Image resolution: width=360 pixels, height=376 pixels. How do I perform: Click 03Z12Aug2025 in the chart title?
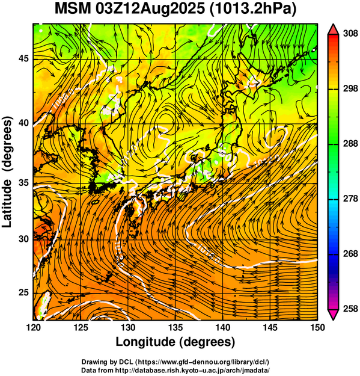tap(150, 9)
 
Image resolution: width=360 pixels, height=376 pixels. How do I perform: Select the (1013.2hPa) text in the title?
tap(253, 10)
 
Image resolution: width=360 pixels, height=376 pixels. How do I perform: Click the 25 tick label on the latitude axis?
tap(23, 293)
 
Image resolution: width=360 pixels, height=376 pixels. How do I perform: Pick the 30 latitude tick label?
tap(23, 239)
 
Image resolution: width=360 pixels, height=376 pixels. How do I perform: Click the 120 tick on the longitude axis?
tap(33, 327)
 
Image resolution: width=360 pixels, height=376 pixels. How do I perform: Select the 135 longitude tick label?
tap(175, 327)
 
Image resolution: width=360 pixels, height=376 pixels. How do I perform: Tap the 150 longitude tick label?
tap(318, 327)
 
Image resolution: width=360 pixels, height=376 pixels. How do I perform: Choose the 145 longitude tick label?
tap(270, 327)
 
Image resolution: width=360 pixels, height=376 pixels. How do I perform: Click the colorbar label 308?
tap(350, 34)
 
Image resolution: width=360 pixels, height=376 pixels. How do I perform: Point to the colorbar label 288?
tap(350, 144)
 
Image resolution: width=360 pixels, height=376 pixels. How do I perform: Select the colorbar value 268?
tap(350, 253)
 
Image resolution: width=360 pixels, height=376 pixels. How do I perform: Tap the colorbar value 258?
tap(350, 309)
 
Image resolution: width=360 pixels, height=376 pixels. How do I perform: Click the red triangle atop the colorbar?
tap(333, 30)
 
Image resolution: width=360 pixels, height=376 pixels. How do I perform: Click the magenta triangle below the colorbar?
tap(333, 315)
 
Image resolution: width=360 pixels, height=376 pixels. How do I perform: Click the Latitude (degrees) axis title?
tap(7, 171)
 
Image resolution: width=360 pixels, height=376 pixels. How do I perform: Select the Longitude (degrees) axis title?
tap(175, 342)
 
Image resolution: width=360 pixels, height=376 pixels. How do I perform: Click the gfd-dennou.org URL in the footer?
tap(203, 362)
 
